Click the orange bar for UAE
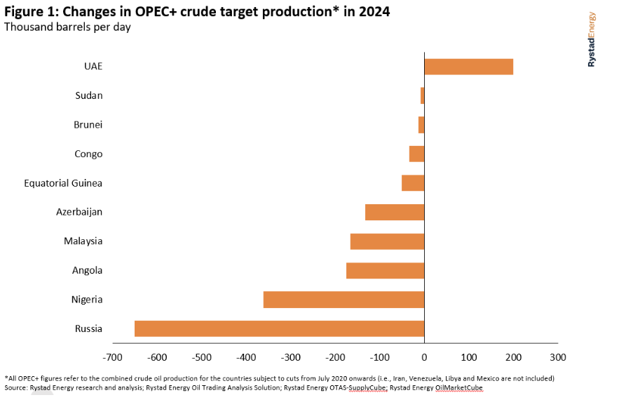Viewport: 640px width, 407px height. [468, 67]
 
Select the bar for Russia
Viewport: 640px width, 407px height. [279, 328]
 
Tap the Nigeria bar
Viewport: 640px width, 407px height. [343, 300]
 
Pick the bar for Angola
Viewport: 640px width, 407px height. [385, 270]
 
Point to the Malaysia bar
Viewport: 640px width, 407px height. [387, 241]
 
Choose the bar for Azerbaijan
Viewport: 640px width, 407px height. [395, 212]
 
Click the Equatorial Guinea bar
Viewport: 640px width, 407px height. [413, 183]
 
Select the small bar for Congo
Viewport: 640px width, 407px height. [416, 154]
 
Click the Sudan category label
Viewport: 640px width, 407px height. [88, 95]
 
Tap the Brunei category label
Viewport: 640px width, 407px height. [88, 125]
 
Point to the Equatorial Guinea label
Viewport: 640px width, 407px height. [63, 183]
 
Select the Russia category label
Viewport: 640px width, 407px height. [88, 328]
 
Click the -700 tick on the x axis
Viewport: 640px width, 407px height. [111, 357]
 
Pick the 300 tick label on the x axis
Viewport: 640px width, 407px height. [558, 357]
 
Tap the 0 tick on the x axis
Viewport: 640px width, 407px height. [424, 357]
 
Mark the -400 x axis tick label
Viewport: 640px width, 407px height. [245, 357]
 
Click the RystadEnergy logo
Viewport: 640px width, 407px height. [592, 39]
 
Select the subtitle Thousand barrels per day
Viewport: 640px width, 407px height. [67, 27]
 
